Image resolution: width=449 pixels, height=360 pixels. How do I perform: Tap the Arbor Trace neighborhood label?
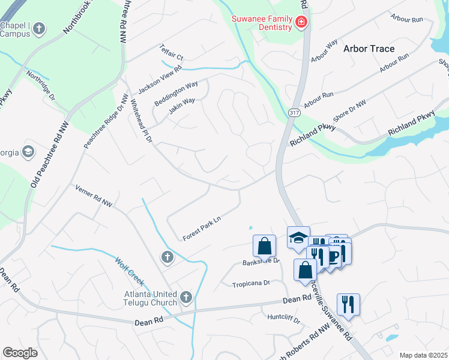[x=369, y=49]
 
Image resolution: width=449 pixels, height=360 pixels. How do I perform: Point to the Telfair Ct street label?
[x=171, y=52]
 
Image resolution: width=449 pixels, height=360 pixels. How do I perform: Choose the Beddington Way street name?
[x=176, y=94]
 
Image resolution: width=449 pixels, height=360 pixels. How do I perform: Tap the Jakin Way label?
[x=181, y=106]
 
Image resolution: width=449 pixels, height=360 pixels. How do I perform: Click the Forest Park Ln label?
[x=202, y=228]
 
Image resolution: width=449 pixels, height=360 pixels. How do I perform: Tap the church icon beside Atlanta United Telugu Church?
[x=186, y=297]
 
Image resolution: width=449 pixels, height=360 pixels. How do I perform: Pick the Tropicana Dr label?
[x=252, y=283]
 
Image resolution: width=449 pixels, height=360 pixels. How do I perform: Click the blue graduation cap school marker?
[x=298, y=238]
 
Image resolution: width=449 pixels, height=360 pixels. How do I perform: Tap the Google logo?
[x=20, y=352]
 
